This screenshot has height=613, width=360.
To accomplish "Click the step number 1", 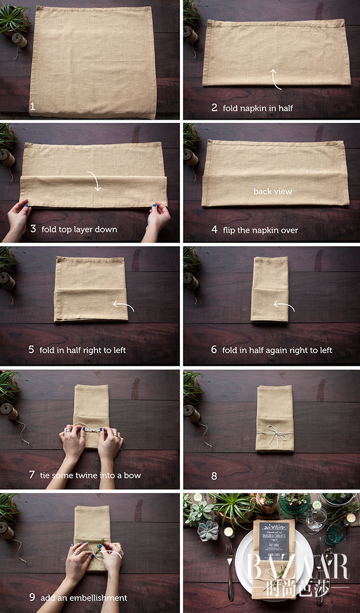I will (33, 106).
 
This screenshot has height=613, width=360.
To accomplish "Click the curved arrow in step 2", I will (275, 78).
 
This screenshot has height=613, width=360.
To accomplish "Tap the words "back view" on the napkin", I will (273, 192).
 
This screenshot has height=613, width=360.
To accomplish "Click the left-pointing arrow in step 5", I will (124, 305).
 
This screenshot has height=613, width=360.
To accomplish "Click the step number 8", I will (214, 476).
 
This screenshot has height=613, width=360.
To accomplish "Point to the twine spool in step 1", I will (20, 40).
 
